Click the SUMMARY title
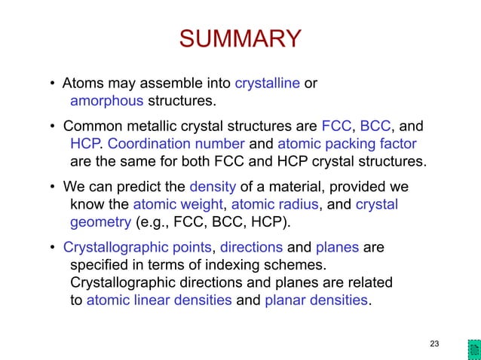click(x=240, y=39)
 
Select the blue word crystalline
click(x=267, y=83)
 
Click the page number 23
click(x=434, y=344)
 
